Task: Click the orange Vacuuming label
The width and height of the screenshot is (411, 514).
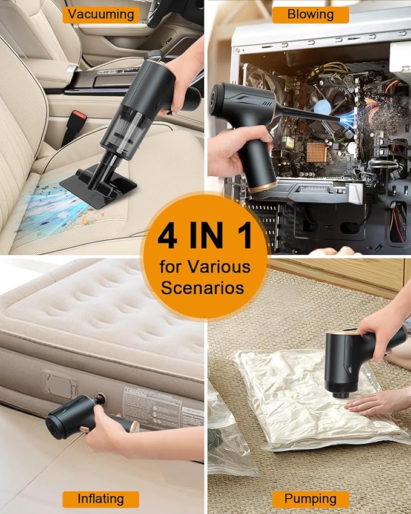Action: pos(100,15)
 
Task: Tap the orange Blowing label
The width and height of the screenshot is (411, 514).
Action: pos(310,15)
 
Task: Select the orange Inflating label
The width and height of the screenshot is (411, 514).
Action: pos(100,499)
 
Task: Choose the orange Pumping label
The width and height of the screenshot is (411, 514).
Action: pos(310,499)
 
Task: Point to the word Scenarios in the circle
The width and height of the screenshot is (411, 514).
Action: pos(205,287)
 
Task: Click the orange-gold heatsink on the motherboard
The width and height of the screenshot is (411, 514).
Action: pos(318,151)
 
